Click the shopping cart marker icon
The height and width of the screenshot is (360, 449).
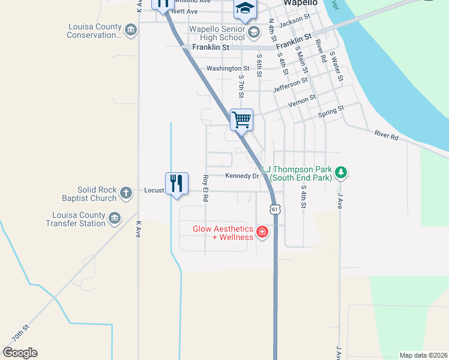click(x=241, y=119)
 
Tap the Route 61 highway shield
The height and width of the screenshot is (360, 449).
click(x=275, y=209)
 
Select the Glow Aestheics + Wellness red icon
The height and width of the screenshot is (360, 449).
click(x=262, y=232)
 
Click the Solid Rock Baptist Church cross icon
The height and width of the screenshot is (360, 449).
click(x=125, y=193)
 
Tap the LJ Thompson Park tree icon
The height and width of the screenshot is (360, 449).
click(x=341, y=173)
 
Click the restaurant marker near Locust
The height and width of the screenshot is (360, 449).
click(x=176, y=183)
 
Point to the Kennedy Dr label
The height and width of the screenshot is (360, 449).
click(x=242, y=176)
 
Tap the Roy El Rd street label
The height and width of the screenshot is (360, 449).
click(x=205, y=187)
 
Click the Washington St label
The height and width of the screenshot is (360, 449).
click(x=228, y=68)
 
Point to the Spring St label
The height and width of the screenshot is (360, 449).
click(x=331, y=110)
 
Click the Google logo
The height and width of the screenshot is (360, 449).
click(x=20, y=352)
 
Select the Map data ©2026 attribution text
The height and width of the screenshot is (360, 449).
click(x=423, y=355)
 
